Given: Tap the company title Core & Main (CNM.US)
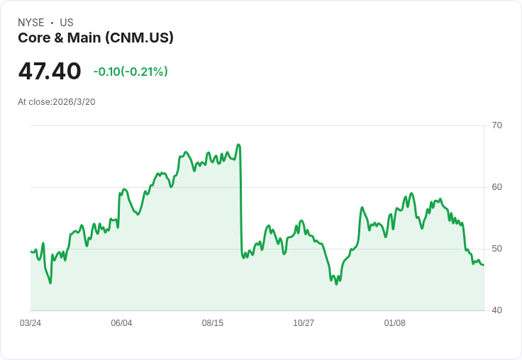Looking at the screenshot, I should [x=96, y=38].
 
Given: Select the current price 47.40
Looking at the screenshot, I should [x=50, y=71].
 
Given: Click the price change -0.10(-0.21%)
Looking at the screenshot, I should [x=130, y=72].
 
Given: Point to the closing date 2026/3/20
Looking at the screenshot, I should [x=74, y=102].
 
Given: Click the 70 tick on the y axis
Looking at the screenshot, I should [x=496, y=125].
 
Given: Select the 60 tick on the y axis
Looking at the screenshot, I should [x=496, y=187].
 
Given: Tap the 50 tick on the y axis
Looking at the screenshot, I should [x=496, y=249].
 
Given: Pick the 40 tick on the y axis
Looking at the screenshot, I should [x=496, y=310].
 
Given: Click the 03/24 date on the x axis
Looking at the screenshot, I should [x=30, y=323].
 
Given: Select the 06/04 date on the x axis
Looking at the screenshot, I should [x=121, y=323].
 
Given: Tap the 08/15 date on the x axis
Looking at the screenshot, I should [x=212, y=323].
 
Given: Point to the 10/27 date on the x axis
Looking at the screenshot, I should [x=304, y=323].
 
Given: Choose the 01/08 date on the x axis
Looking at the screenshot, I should [x=394, y=323].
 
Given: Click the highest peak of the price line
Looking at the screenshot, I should [x=238, y=145].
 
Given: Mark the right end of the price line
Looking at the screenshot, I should [x=483, y=265].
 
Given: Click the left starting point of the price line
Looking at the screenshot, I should [x=31, y=252].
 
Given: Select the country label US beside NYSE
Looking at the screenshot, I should [x=67, y=23].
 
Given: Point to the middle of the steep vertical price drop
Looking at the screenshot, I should [x=241, y=202].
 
